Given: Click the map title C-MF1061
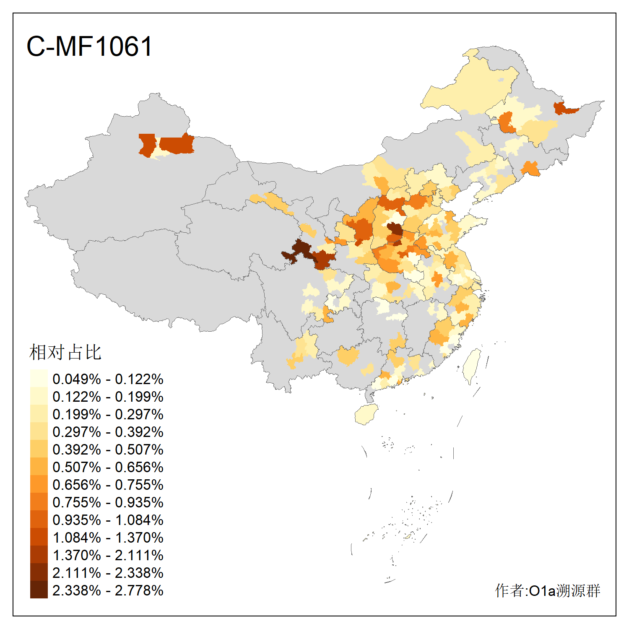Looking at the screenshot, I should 89,47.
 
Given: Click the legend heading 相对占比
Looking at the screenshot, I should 65,352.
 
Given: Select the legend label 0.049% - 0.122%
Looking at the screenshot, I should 108,379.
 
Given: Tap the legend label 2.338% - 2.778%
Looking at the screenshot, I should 108,590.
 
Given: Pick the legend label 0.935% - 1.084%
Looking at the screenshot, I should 108,520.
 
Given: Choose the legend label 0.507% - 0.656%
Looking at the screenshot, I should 108,467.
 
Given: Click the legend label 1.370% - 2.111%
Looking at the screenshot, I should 108,555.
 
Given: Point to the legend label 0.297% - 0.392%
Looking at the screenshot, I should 108,432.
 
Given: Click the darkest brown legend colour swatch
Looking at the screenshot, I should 39,590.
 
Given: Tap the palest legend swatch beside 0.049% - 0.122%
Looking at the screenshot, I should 39,378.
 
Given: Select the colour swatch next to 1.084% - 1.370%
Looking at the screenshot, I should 39,537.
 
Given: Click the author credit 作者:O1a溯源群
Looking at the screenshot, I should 547,590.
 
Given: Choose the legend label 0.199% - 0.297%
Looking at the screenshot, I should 108,414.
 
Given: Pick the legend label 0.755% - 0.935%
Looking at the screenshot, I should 108,502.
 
